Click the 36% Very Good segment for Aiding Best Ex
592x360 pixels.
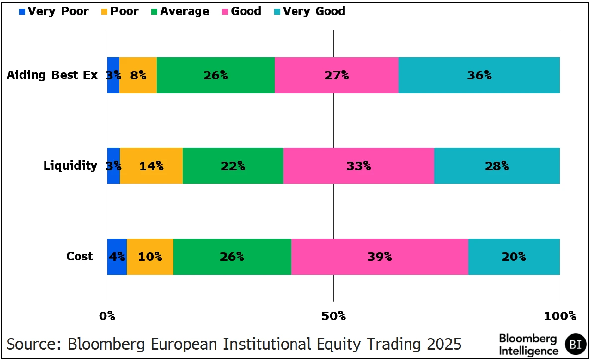tap(479, 75)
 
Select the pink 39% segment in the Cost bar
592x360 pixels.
tap(379, 257)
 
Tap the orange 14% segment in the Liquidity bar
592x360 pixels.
tap(151, 166)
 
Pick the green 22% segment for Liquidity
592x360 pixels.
tap(233, 166)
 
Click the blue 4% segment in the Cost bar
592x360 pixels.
tap(117, 257)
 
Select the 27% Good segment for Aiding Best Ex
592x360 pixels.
tap(336, 75)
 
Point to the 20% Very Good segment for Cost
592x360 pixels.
tap(514, 257)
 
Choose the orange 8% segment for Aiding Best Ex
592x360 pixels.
tap(138, 75)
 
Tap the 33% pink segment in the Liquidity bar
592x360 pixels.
tap(359, 166)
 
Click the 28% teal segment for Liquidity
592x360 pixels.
tap(497, 166)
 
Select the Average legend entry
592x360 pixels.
tap(180, 11)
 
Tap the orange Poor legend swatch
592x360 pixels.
tap(103, 11)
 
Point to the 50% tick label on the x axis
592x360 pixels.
tap(333, 316)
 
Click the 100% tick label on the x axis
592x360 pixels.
tap(560, 316)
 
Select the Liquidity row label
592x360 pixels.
tap(70, 166)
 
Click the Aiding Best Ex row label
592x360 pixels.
tap(52, 75)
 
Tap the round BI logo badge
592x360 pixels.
tap(576, 344)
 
